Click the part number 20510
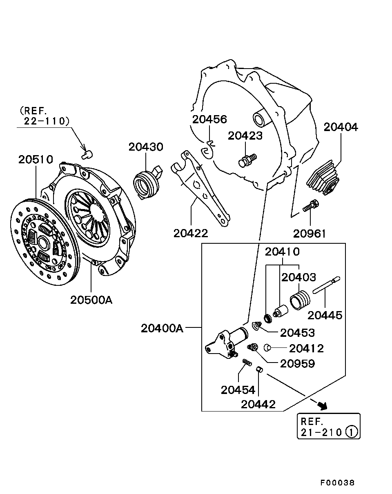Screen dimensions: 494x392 coord(36,159)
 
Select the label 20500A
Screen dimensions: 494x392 coord(91,300)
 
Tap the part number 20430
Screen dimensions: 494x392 coord(146,147)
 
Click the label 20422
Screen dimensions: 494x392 coord(191,233)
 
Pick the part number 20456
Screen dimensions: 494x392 coord(209,119)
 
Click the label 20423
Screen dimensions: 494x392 coord(245,136)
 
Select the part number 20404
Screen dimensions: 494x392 coord(341,127)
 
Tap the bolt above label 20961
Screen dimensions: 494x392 coord(310,206)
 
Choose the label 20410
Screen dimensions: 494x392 coord(282,252)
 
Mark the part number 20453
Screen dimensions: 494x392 coord(297,333)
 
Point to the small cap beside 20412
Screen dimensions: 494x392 coord(268,348)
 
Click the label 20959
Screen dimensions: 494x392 coord(297,363)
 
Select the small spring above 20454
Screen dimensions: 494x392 coord(247,363)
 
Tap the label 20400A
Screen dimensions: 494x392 coord(162,328)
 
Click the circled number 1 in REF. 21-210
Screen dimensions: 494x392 coord(352,432)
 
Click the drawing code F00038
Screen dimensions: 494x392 coord(337,483)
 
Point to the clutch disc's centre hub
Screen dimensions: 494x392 coord(42,243)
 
